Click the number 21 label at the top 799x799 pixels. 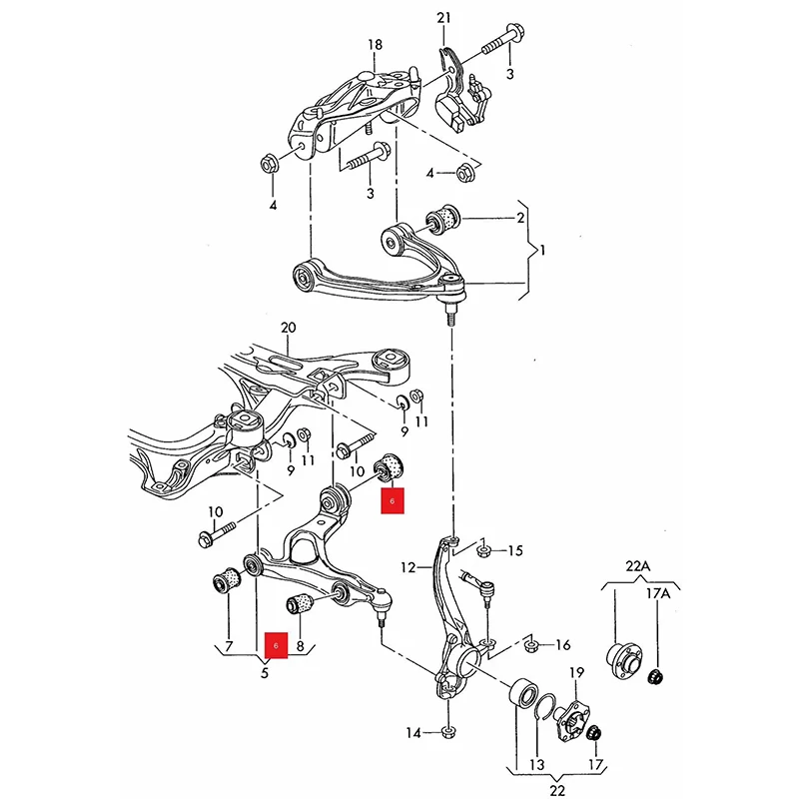click(x=443, y=18)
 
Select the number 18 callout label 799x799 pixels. click(x=375, y=45)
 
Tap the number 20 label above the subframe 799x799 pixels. click(x=289, y=328)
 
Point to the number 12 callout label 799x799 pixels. click(x=408, y=567)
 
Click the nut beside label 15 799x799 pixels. click(x=483, y=550)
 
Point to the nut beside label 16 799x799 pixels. click(x=529, y=645)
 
